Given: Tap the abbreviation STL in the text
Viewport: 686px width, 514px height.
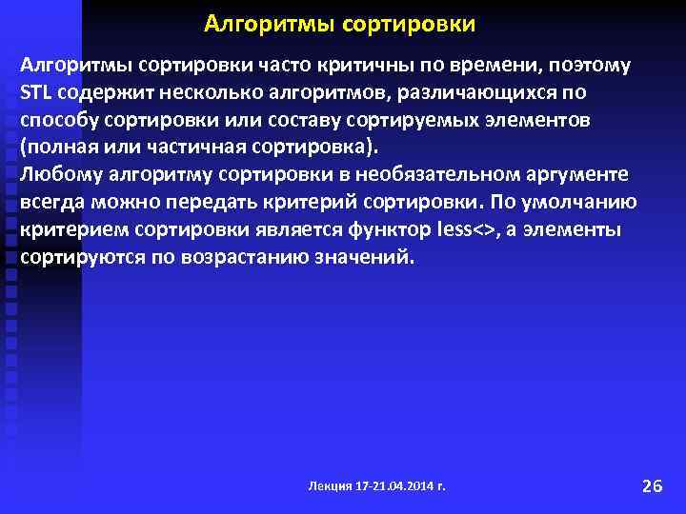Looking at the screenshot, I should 35,94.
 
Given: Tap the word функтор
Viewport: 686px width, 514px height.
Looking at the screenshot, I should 387,229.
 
